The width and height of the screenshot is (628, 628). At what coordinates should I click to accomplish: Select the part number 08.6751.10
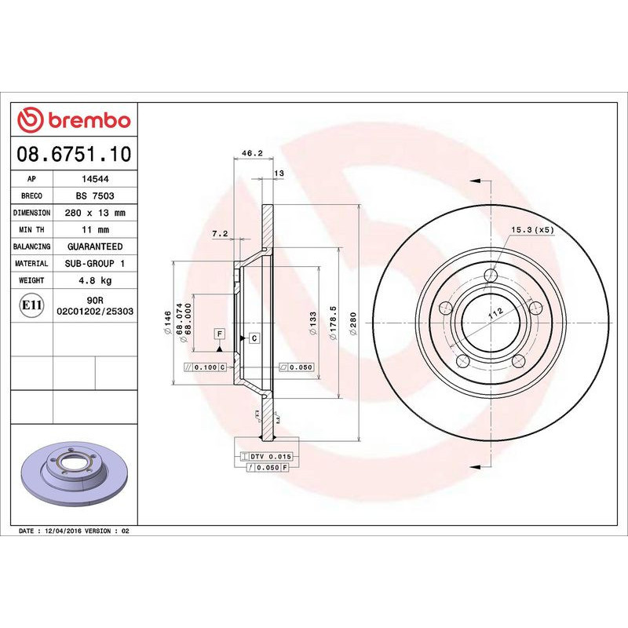tap(74, 154)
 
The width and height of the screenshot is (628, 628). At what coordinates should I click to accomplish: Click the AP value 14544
tap(97, 179)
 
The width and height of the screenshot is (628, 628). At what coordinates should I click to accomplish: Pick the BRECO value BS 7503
tap(97, 195)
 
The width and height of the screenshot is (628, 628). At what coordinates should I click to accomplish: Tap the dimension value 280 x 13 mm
tap(97, 213)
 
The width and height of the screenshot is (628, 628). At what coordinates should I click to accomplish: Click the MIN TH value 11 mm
tap(97, 230)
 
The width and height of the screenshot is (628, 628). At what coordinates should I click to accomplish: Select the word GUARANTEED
tap(97, 246)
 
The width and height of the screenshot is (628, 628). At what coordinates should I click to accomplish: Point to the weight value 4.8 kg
tap(97, 280)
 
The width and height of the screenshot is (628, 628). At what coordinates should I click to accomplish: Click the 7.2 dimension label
tap(220, 234)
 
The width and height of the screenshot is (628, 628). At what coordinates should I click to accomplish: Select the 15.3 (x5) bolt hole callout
tap(533, 230)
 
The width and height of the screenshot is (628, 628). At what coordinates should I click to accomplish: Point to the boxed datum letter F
tap(220, 334)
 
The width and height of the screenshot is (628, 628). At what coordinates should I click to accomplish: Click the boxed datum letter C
tap(254, 338)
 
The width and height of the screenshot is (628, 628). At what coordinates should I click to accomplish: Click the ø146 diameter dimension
tap(166, 322)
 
